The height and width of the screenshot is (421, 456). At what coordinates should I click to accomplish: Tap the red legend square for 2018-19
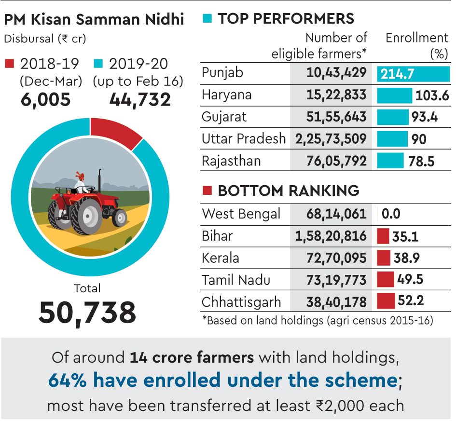click(10, 64)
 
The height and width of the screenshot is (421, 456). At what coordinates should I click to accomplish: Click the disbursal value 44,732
click(140, 99)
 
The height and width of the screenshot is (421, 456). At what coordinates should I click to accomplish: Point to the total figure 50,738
click(87, 312)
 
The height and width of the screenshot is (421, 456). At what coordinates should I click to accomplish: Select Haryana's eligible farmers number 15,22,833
click(336, 95)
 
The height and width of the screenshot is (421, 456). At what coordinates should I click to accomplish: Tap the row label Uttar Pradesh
click(244, 139)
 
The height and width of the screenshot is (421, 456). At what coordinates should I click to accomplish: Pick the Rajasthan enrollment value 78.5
click(421, 161)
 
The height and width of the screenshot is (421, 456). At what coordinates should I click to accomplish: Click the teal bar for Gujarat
click(392, 117)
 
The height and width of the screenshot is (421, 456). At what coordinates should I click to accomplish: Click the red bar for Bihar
click(383, 236)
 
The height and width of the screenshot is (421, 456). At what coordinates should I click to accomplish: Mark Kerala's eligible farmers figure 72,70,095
click(336, 258)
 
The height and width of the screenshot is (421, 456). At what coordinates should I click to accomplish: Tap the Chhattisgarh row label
click(241, 302)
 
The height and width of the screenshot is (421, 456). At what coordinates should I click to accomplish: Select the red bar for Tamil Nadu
click(385, 280)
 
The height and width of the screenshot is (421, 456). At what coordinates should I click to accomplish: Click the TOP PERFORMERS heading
click(286, 19)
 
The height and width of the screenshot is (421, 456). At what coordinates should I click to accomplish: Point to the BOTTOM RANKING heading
click(288, 190)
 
